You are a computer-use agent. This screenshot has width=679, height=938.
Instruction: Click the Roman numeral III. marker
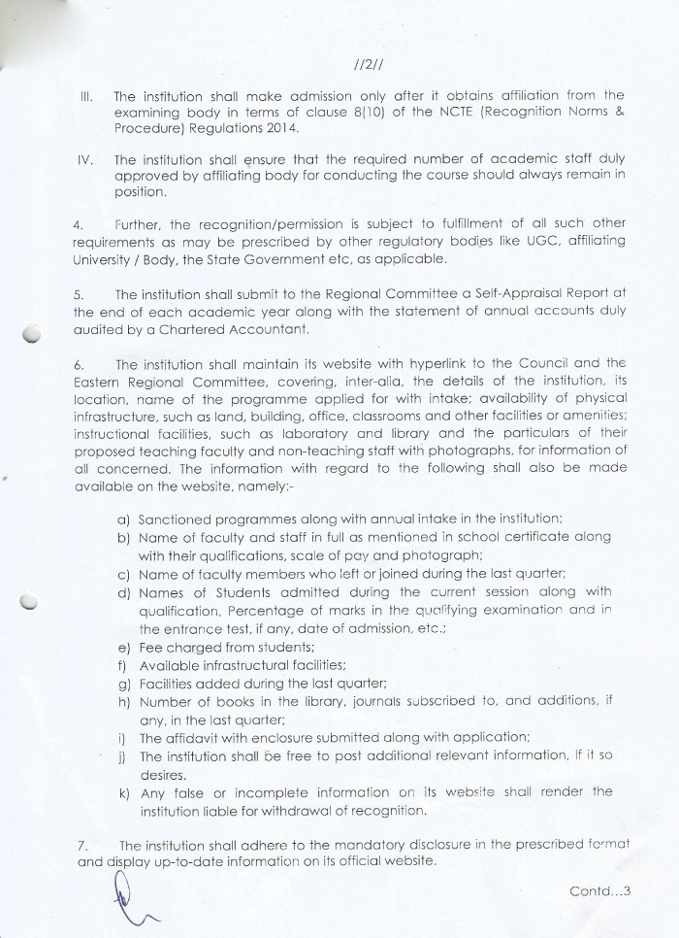[x=85, y=97]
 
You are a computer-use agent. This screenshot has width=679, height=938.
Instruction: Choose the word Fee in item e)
[x=151, y=647]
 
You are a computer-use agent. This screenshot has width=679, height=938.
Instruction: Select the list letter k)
[x=123, y=792]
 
